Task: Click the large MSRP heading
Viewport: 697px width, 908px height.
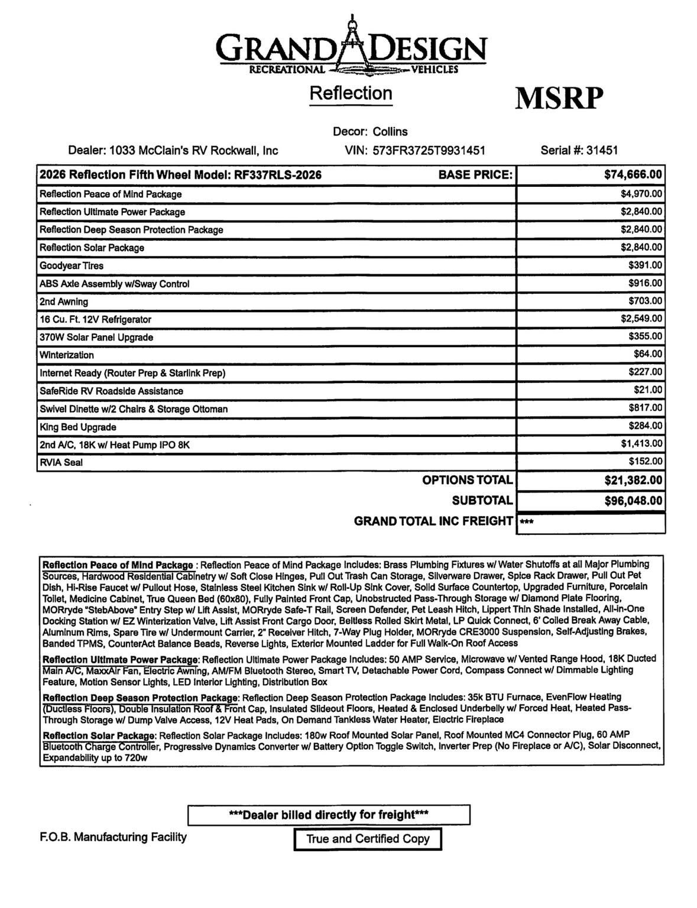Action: pos(559,98)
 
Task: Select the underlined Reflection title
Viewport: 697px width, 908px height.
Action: pos(351,93)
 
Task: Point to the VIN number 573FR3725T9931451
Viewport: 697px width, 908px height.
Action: pos(429,150)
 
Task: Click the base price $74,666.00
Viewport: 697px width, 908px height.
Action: pos(633,175)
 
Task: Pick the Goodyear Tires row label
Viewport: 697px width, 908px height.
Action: pos(72,265)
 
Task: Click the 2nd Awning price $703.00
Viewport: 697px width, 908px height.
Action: pos(645,301)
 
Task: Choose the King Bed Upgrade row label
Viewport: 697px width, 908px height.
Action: pos(78,427)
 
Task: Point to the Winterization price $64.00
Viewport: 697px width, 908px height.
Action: pos(648,355)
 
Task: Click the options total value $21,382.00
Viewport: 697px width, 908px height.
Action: pos(633,481)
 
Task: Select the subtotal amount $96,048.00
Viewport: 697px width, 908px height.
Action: pos(633,501)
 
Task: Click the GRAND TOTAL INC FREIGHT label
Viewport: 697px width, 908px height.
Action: pos(433,521)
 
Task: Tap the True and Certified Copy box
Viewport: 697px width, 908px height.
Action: pos(368,839)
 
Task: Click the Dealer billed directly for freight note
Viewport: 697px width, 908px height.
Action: pos(329,815)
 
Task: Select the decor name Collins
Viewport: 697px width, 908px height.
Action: pos(390,131)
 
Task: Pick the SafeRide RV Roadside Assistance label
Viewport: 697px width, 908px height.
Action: pos(111,391)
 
